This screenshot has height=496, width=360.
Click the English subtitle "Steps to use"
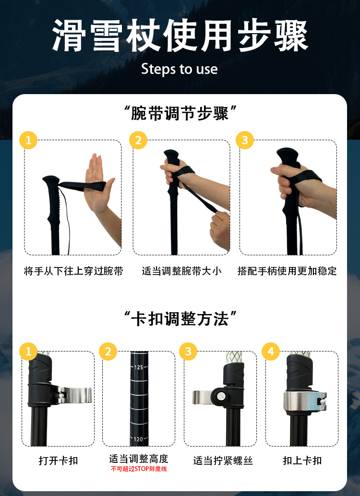[x=180, y=69]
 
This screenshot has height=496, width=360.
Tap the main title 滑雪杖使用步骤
[x=180, y=36]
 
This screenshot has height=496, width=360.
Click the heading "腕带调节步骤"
[x=180, y=113]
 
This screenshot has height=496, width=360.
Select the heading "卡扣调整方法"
[x=180, y=318]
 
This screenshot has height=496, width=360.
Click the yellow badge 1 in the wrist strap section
[x=28, y=140]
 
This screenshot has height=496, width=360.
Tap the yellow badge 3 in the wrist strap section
[x=245, y=140]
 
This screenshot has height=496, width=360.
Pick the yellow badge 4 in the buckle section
[x=271, y=351]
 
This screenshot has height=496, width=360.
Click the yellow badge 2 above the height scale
[x=108, y=351]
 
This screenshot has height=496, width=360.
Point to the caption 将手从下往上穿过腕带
[x=73, y=271]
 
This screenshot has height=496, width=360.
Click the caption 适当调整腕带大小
[x=181, y=271]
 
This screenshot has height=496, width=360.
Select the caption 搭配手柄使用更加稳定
[x=287, y=271]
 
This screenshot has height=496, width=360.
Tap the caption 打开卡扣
[x=58, y=460]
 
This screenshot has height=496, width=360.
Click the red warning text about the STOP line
[x=139, y=469]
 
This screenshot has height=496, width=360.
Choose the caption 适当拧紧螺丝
[x=223, y=460]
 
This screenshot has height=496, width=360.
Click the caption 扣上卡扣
[x=302, y=460]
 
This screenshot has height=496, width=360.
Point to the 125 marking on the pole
[x=139, y=367]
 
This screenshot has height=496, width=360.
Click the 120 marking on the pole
[x=138, y=439]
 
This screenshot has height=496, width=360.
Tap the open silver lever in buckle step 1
[x=75, y=395]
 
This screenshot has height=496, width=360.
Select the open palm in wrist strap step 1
[x=98, y=183]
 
